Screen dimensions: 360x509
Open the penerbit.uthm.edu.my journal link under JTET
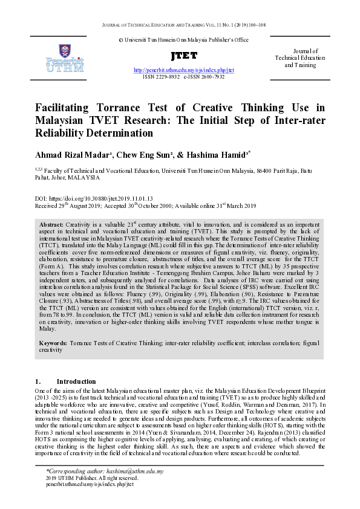click(183, 70)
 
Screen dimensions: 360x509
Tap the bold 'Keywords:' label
click(52, 343)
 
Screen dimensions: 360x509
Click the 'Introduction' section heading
click(76, 381)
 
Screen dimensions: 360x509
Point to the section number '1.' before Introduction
click(38, 381)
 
